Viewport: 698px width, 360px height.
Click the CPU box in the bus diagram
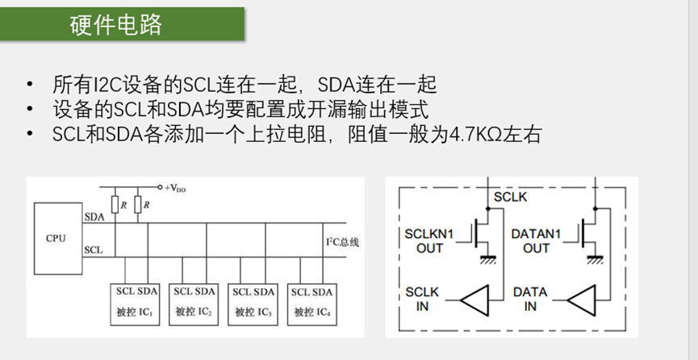pyautogui.click(x=56, y=238)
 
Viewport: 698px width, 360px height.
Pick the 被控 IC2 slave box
pyautogui.click(x=194, y=301)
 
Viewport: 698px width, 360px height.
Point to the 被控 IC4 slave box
pyautogui.click(x=312, y=301)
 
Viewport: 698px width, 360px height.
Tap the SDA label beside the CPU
pyautogui.click(x=94, y=216)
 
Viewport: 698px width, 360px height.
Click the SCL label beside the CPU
pyautogui.click(x=94, y=249)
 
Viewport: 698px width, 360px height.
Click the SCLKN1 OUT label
pyautogui.click(x=429, y=241)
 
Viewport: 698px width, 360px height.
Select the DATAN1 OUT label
pyautogui.click(x=536, y=241)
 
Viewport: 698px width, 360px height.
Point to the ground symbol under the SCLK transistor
pyautogui.click(x=487, y=259)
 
